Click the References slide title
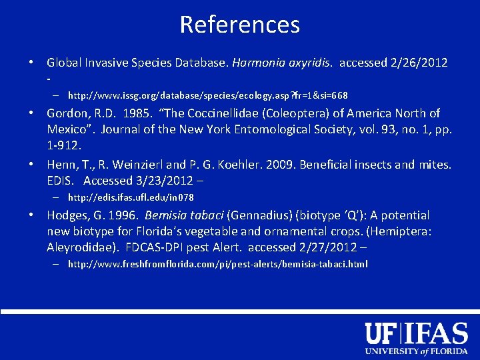[x=239, y=25]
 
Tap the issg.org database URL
[x=207, y=95]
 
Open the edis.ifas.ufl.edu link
[x=131, y=197]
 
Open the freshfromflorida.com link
[x=217, y=265]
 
